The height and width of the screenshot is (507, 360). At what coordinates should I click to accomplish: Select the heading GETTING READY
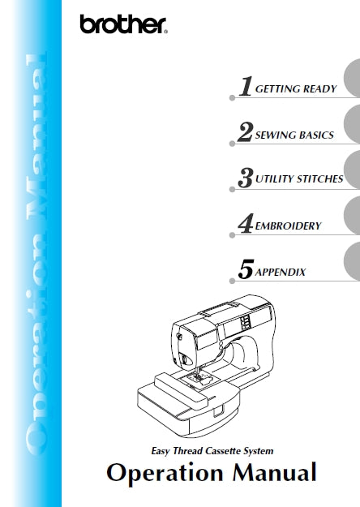pyautogui.click(x=296, y=89)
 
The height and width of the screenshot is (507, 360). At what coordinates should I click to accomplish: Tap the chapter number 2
pyautogui.click(x=244, y=133)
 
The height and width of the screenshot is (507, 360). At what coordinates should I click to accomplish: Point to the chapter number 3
pyautogui.click(x=244, y=178)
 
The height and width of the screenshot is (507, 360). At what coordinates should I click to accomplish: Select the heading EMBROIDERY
pyautogui.click(x=288, y=226)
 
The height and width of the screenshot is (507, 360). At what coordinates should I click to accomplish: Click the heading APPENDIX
pyautogui.click(x=281, y=272)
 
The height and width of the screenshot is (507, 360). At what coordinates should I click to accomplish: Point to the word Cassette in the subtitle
pyautogui.click(x=228, y=449)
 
